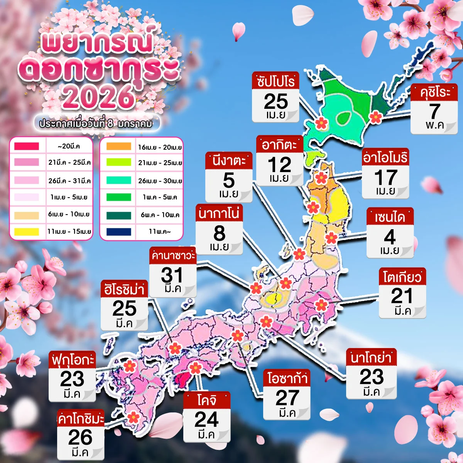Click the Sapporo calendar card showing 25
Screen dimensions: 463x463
pyautogui.click(x=275, y=97)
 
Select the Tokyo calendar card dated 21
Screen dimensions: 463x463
pyautogui.click(x=402, y=293)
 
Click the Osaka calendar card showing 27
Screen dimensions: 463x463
pyautogui.click(x=287, y=395)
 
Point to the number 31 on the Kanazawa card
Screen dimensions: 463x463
pyautogui.click(x=172, y=275)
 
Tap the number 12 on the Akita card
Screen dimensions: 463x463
pyautogui.click(x=279, y=165)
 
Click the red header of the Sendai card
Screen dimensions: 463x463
pyautogui.click(x=390, y=217)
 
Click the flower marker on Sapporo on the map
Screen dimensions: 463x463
pyautogui.click(x=321, y=123)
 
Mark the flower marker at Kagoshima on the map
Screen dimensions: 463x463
pyautogui.click(x=133, y=417)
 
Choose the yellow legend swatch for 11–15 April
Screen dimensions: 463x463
pyautogui.click(x=27, y=232)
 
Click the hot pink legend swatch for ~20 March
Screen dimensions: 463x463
pyautogui.click(x=27, y=146)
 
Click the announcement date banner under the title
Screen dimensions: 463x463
pyautogui.click(x=96, y=123)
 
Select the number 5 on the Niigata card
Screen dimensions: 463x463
pyautogui.click(x=229, y=180)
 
